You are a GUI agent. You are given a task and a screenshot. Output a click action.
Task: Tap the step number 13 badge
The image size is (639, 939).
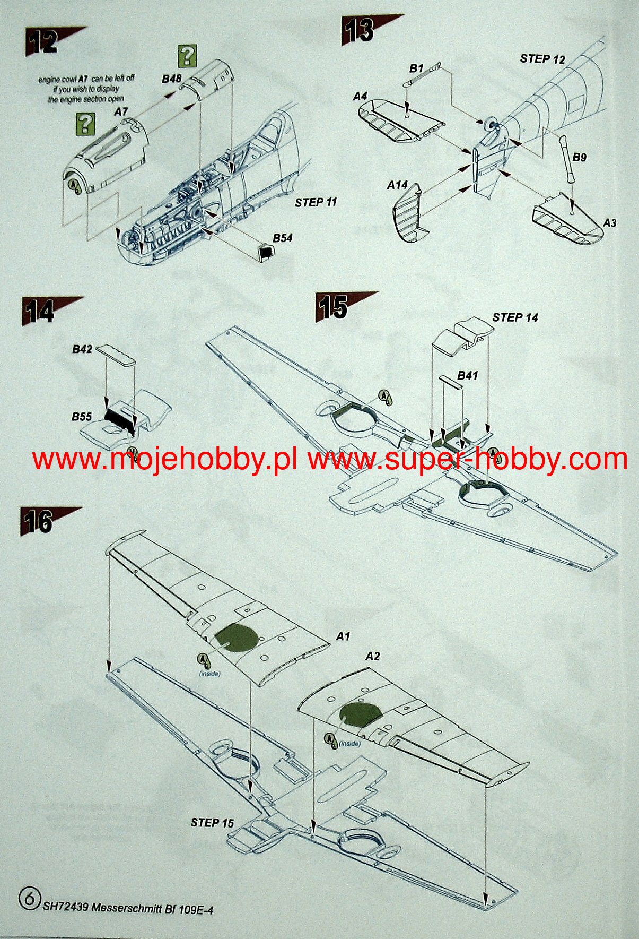click(360, 30)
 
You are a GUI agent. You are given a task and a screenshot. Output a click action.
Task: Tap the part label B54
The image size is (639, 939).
click(283, 238)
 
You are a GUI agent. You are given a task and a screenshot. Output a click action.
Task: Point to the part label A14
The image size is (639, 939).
click(397, 185)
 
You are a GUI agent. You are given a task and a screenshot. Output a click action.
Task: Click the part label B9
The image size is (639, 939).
click(580, 157)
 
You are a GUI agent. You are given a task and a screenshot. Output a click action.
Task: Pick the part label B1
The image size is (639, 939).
click(416, 68)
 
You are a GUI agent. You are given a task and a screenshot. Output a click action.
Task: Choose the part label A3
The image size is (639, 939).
click(610, 223)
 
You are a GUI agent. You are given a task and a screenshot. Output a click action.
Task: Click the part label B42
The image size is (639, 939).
click(82, 349)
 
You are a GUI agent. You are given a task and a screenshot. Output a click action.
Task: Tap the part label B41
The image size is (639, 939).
click(467, 376)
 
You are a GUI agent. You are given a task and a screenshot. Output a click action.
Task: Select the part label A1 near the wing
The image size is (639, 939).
click(343, 636)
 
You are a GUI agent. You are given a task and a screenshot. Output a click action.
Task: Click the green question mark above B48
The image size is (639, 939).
click(187, 56)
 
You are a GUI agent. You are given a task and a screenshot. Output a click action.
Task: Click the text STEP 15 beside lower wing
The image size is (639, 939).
click(212, 823)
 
